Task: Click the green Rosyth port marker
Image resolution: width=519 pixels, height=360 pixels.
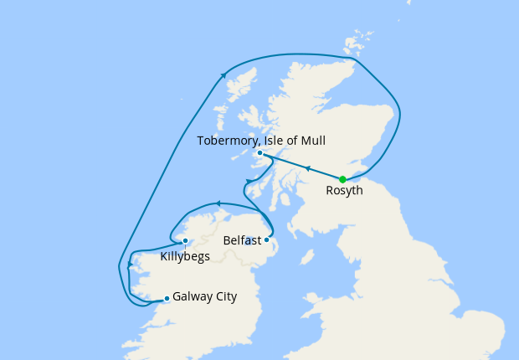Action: click(x=342, y=179)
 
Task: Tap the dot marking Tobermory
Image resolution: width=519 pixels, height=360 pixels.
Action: click(x=260, y=153)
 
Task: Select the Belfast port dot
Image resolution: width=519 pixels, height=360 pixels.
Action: click(x=267, y=240)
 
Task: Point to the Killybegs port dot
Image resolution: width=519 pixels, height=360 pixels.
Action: click(x=185, y=241)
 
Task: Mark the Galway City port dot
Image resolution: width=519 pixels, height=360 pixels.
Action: click(x=167, y=298)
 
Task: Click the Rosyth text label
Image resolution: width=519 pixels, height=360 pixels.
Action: click(x=343, y=192)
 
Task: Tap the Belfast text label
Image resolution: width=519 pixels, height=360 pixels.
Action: click(x=243, y=241)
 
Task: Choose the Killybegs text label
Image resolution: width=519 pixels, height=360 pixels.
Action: click(x=185, y=256)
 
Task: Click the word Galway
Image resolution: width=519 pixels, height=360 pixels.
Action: click(x=193, y=297)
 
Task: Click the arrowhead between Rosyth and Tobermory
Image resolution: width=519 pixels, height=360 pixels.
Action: click(x=307, y=168)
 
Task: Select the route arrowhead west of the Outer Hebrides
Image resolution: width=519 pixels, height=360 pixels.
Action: click(x=224, y=75)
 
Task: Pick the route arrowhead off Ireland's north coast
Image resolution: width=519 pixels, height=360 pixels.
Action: click(x=218, y=203)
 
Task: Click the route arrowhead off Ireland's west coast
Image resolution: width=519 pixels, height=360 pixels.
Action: click(x=130, y=266)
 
